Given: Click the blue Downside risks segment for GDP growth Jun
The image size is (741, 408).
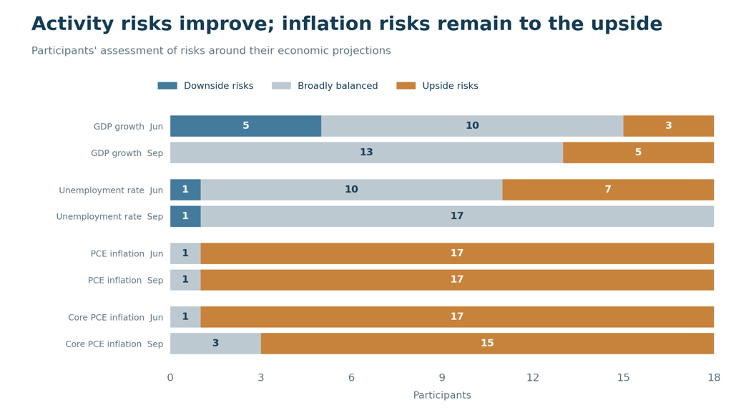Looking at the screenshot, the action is click(x=246, y=126).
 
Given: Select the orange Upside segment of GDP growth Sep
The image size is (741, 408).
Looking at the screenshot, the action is click(x=639, y=152).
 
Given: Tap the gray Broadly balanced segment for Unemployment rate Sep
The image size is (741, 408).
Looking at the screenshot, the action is click(x=458, y=217).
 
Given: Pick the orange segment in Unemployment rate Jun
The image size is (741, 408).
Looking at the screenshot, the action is click(x=608, y=190).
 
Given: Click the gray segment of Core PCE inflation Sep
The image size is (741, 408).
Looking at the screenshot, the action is click(x=215, y=344).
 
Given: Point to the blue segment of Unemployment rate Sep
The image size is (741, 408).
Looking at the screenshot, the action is click(x=186, y=217).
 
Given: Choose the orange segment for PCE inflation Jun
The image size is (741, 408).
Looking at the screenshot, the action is click(x=458, y=253).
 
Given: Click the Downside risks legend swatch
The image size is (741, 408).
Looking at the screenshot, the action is click(x=167, y=86).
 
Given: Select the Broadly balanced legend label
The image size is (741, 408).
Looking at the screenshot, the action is click(x=338, y=86).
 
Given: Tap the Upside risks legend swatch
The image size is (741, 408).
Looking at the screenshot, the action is click(x=406, y=86).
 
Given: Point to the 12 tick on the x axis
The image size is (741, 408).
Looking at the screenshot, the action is click(x=533, y=377).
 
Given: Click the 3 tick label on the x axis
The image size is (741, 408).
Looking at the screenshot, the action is click(x=261, y=377).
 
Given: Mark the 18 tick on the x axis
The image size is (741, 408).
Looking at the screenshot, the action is click(x=714, y=377).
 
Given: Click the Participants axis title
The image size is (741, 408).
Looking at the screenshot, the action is click(x=442, y=395).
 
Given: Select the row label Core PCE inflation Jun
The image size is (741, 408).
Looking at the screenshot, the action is click(x=115, y=317).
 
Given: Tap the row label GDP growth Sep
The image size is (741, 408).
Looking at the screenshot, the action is click(x=127, y=153).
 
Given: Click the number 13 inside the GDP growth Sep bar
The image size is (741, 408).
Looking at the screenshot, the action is click(x=366, y=152).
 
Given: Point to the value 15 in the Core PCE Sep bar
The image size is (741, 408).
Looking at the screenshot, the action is click(x=487, y=344).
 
